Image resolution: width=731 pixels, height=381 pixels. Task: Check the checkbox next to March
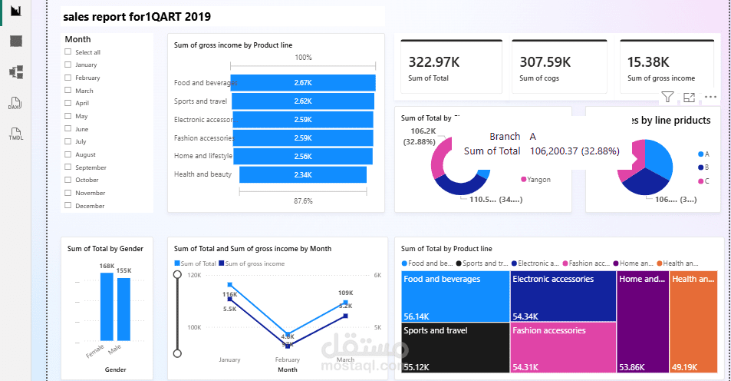(68, 91)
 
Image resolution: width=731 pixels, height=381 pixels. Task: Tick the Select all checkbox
(68, 52)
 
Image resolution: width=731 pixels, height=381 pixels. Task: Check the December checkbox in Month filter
(68, 206)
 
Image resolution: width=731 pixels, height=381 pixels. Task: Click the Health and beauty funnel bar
(302, 174)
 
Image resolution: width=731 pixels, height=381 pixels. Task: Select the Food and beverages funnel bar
(302, 82)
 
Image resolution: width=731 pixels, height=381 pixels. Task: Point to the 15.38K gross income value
(648, 62)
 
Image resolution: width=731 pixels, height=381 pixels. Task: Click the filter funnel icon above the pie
(667, 97)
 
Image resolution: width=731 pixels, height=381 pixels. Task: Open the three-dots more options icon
(710, 97)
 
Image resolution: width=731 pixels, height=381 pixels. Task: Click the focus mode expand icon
(689, 97)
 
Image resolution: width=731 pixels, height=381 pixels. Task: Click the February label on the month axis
(287, 359)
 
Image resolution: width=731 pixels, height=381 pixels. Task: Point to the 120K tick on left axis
(193, 275)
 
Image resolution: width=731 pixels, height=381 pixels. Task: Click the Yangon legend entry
(536, 180)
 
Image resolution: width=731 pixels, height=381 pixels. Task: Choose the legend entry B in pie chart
(703, 167)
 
